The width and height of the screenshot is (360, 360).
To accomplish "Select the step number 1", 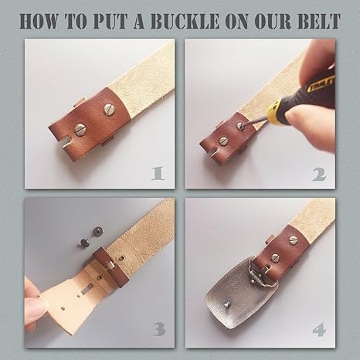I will click(x=160, y=172).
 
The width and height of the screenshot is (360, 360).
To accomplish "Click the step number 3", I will click(x=160, y=330).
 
